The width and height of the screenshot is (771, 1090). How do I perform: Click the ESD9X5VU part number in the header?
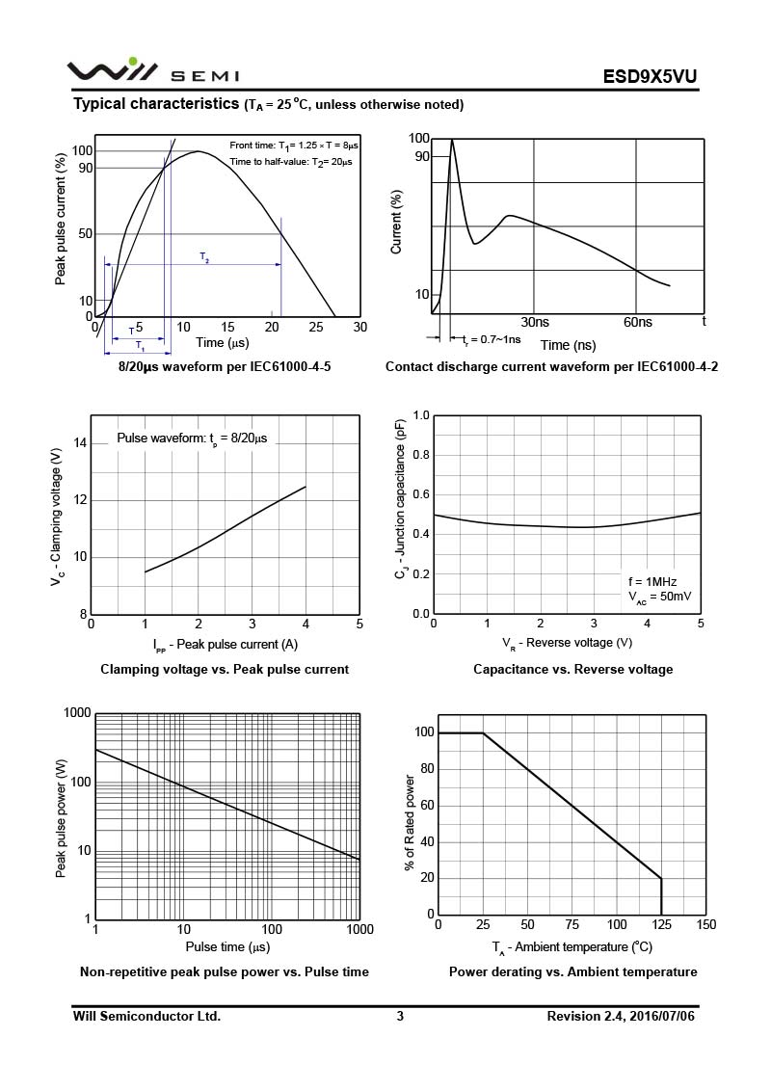click(651, 76)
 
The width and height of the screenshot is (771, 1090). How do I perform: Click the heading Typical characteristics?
click(157, 103)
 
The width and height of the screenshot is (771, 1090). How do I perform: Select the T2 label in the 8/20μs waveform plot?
click(204, 256)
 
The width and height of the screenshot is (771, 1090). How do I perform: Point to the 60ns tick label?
click(638, 322)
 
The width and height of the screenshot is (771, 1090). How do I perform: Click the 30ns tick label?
click(535, 322)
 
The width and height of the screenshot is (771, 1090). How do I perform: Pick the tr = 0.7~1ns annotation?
click(492, 339)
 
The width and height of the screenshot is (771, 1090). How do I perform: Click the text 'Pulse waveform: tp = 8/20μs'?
click(192, 438)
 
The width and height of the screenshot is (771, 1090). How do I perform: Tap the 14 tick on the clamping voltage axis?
click(80, 443)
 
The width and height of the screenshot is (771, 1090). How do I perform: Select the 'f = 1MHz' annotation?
click(652, 581)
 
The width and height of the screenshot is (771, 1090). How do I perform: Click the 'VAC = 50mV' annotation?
click(659, 598)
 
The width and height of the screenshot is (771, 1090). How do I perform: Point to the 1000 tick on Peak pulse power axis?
click(77, 713)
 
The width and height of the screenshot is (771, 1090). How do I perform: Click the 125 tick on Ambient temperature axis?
click(661, 925)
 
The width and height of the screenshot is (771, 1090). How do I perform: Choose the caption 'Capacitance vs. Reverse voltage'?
click(572, 669)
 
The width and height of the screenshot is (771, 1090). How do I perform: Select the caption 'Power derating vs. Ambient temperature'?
click(572, 971)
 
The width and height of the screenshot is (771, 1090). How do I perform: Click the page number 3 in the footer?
click(399, 1016)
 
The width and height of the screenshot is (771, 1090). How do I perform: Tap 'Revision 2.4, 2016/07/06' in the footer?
click(620, 1016)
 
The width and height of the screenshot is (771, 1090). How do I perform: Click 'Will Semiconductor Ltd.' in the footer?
click(146, 1016)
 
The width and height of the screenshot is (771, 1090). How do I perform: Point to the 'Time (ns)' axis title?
click(568, 345)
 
